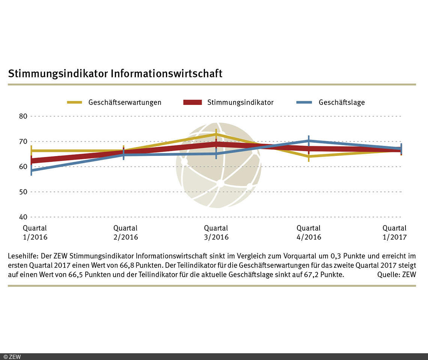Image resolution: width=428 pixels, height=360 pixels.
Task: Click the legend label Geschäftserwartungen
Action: coord(125,102)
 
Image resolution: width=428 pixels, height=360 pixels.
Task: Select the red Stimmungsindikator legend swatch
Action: coord(193,102)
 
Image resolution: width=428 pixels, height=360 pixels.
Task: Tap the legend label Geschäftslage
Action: coord(342,102)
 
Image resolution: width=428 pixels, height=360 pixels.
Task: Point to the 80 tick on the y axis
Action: coord(23,116)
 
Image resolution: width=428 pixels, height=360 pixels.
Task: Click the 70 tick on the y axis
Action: coord(23,141)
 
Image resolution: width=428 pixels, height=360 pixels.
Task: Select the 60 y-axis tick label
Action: coord(23,166)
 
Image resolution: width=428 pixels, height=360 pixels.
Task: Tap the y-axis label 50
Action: coord(23,192)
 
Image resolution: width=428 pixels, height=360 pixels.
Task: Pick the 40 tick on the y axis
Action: coord(23,217)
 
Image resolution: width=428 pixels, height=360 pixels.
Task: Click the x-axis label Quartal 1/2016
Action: coord(35,232)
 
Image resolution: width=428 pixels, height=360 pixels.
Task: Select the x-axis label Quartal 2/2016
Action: coord(125,232)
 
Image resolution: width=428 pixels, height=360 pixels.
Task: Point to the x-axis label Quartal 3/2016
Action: coord(216,232)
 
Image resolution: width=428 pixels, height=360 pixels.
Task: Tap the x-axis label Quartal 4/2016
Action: coord(309,232)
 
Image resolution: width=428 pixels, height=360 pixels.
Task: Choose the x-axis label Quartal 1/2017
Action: coord(394,232)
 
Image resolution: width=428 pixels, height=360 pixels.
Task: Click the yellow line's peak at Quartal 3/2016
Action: coord(216,134)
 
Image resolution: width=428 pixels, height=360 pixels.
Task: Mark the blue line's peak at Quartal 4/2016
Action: coord(309,141)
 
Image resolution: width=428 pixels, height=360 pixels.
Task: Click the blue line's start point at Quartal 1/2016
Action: coord(32,170)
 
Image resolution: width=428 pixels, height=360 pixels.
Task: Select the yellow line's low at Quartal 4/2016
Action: coord(309,156)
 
